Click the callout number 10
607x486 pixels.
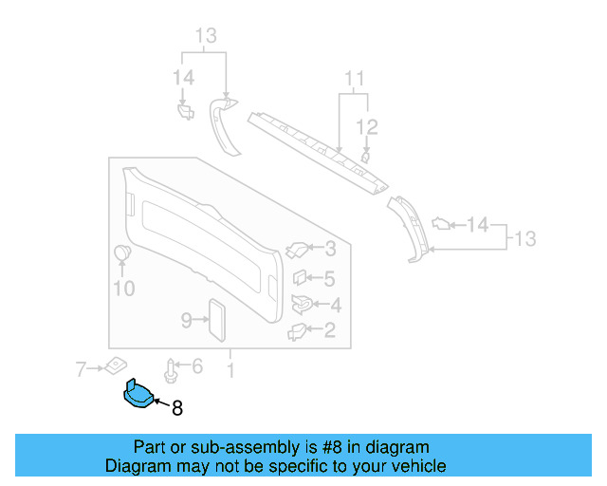(124, 289)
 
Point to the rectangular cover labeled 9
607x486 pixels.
(217, 319)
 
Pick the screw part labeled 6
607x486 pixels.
(172, 369)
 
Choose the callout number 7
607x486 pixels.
(82, 367)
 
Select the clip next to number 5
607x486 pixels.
(298, 278)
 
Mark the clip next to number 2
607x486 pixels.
(298, 330)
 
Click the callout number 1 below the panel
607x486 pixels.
(230, 366)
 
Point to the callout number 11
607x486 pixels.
(354, 78)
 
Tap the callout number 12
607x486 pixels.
(367, 127)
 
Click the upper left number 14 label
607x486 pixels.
(183, 77)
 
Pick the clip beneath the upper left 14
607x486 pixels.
(185, 111)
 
